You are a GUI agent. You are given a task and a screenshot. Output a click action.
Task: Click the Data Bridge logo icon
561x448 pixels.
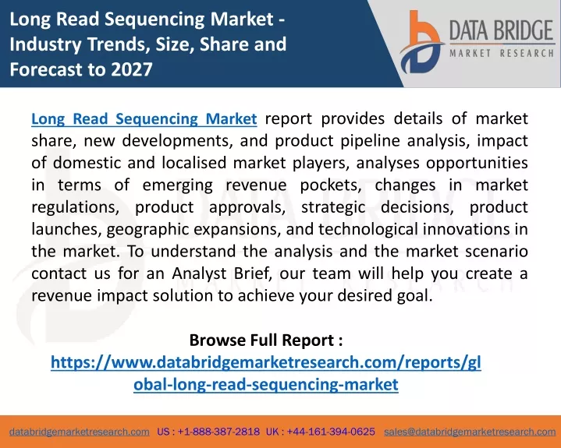(421, 42)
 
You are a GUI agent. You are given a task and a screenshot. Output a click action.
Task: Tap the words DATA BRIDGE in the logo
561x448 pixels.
(501, 30)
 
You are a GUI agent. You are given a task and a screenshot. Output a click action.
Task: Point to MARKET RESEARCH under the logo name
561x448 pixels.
(502, 54)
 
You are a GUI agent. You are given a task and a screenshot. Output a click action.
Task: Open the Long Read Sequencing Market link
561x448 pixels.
(144, 119)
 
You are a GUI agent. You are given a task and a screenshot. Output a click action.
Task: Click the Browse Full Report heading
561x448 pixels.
(266, 340)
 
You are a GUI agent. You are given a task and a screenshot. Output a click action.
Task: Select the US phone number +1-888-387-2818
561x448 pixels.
(218, 432)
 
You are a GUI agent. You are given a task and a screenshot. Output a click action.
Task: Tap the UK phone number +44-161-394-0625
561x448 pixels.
(331, 432)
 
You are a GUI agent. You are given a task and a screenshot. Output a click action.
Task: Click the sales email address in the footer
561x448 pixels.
(470, 432)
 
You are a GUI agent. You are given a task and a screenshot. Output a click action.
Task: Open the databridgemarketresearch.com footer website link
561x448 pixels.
(80, 432)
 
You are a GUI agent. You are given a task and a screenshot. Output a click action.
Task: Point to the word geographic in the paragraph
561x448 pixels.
(147, 229)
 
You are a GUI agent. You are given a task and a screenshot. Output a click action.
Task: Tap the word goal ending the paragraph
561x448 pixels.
(415, 296)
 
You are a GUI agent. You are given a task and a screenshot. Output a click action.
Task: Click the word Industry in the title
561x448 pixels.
(45, 44)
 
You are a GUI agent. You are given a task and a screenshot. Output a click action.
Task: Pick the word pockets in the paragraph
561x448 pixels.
(330, 185)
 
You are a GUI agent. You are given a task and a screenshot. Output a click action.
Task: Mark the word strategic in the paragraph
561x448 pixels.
(333, 207)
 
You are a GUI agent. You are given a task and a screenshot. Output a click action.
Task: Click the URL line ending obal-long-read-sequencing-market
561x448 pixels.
(266, 384)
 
